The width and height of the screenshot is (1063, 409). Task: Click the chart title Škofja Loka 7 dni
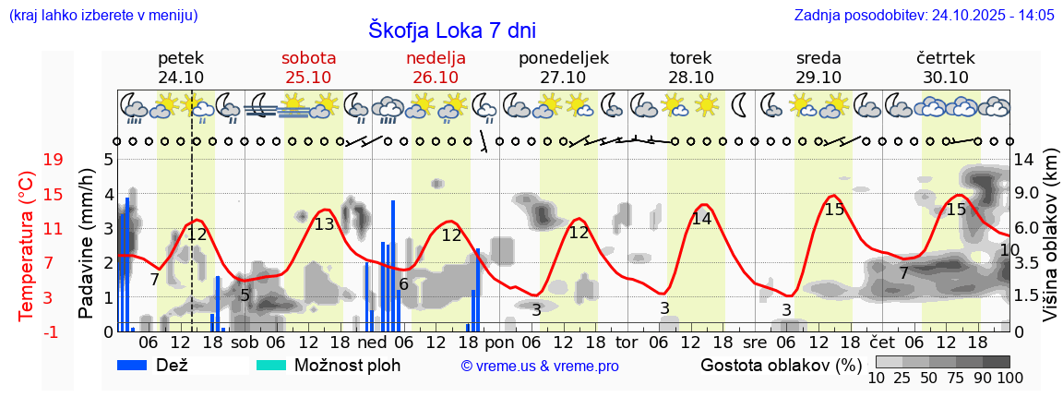pyautogui.click(x=451, y=30)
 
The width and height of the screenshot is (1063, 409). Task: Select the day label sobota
pyautogui.click(x=309, y=57)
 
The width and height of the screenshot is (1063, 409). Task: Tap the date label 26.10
pyautogui.click(x=436, y=78)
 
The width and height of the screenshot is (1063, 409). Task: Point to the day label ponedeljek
pyautogui.click(x=564, y=57)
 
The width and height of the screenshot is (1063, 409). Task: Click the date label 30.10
pyautogui.click(x=946, y=78)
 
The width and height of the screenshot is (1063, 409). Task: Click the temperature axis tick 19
pyautogui.click(x=54, y=160)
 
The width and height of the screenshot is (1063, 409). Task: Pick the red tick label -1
pyautogui.click(x=54, y=331)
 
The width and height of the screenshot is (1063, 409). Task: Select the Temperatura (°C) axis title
pyautogui.click(x=27, y=245)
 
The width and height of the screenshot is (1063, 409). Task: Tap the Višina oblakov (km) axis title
pyautogui.click(x=1050, y=245)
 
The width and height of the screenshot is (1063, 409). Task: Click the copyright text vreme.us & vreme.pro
pyautogui.click(x=540, y=367)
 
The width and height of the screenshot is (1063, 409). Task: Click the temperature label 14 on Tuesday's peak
pyautogui.click(x=701, y=219)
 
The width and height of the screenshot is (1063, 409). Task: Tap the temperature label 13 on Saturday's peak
pyautogui.click(x=324, y=224)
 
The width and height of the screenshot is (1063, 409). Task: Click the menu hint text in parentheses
pyautogui.click(x=101, y=15)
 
